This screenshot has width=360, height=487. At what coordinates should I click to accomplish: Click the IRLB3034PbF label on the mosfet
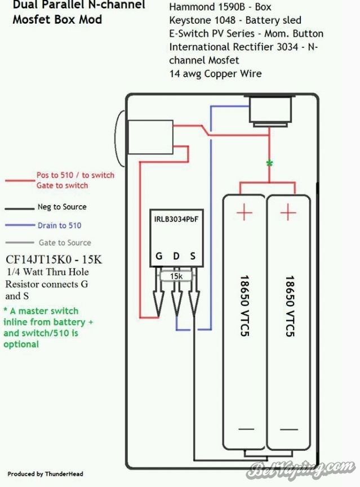pyautogui.click(x=176, y=219)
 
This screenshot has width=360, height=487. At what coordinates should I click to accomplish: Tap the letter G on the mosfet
pyautogui.click(x=159, y=256)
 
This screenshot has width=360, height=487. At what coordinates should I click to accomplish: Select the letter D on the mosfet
pyautogui.click(x=176, y=256)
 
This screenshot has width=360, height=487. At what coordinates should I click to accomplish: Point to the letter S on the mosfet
pyautogui.click(x=193, y=256)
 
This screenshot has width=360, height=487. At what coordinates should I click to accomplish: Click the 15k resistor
pyautogui.click(x=176, y=276)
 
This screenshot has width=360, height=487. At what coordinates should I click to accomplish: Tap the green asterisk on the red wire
pyautogui.click(x=269, y=163)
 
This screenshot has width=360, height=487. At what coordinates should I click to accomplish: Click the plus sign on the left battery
pyautogui.click(x=245, y=212)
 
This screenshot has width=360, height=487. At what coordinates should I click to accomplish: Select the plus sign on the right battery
pyautogui.click(x=288, y=212)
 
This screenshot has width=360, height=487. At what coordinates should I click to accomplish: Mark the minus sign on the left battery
pyautogui.click(x=246, y=429)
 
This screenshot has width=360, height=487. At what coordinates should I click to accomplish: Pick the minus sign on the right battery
pyautogui.click(x=289, y=430)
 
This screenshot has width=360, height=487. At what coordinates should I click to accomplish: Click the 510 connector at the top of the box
pyautogui.click(x=270, y=111)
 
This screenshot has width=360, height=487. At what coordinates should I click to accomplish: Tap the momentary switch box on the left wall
pyautogui.click(x=150, y=137)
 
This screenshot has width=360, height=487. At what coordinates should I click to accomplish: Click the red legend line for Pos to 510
pyautogui.click(x=20, y=180)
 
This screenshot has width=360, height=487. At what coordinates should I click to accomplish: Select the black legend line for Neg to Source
pyautogui.click(x=19, y=209)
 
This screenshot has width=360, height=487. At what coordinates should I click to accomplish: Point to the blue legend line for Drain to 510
pyautogui.click(x=20, y=225)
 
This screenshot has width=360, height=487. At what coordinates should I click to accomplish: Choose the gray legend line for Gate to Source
pyautogui.click(x=19, y=242)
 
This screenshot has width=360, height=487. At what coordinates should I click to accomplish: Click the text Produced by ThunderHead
pyautogui.click(x=45, y=474)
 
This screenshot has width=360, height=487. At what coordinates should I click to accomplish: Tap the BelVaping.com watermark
pyautogui.click(x=301, y=470)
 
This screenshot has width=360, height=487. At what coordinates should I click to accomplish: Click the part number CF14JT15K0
pyautogui.click(x=41, y=259)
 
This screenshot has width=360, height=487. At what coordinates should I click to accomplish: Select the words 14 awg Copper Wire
pyautogui.click(x=215, y=74)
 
